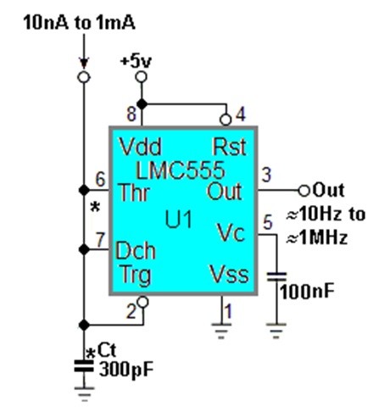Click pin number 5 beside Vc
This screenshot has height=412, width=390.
tap(268, 224)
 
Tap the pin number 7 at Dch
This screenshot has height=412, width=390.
tap(101, 238)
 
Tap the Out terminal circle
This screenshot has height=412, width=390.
tap(304, 189)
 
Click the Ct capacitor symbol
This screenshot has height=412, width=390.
tap(83, 365)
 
